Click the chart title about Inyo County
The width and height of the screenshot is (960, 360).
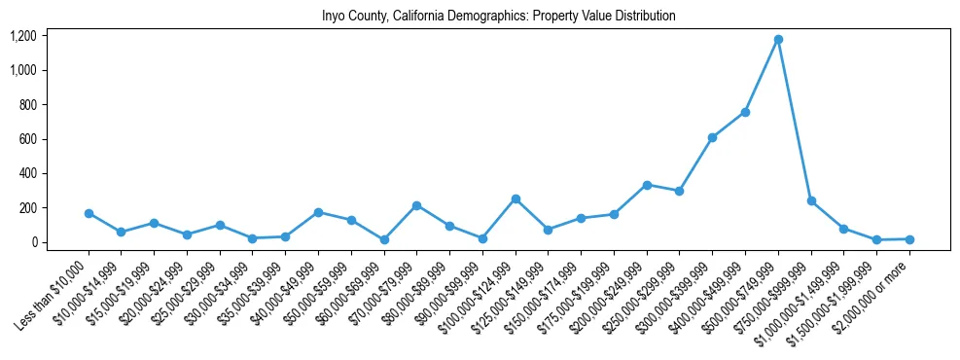tap(498, 16)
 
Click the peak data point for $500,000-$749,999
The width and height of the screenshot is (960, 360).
tap(778, 40)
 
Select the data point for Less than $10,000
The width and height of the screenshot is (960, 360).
tap(89, 213)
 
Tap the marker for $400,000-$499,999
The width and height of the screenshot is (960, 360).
tap(745, 112)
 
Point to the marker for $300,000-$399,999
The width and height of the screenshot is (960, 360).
tap(712, 137)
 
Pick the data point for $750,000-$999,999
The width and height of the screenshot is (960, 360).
tap(811, 201)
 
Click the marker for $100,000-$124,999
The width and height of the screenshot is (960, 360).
tap(516, 198)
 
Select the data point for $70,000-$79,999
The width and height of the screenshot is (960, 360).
tap(416, 205)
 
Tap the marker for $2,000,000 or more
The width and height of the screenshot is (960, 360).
tap(909, 239)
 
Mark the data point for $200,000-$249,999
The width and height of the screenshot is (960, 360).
tap(647, 185)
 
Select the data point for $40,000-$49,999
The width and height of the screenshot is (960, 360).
tap(318, 212)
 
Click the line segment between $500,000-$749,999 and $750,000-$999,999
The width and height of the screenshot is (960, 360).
tap(795, 121)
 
